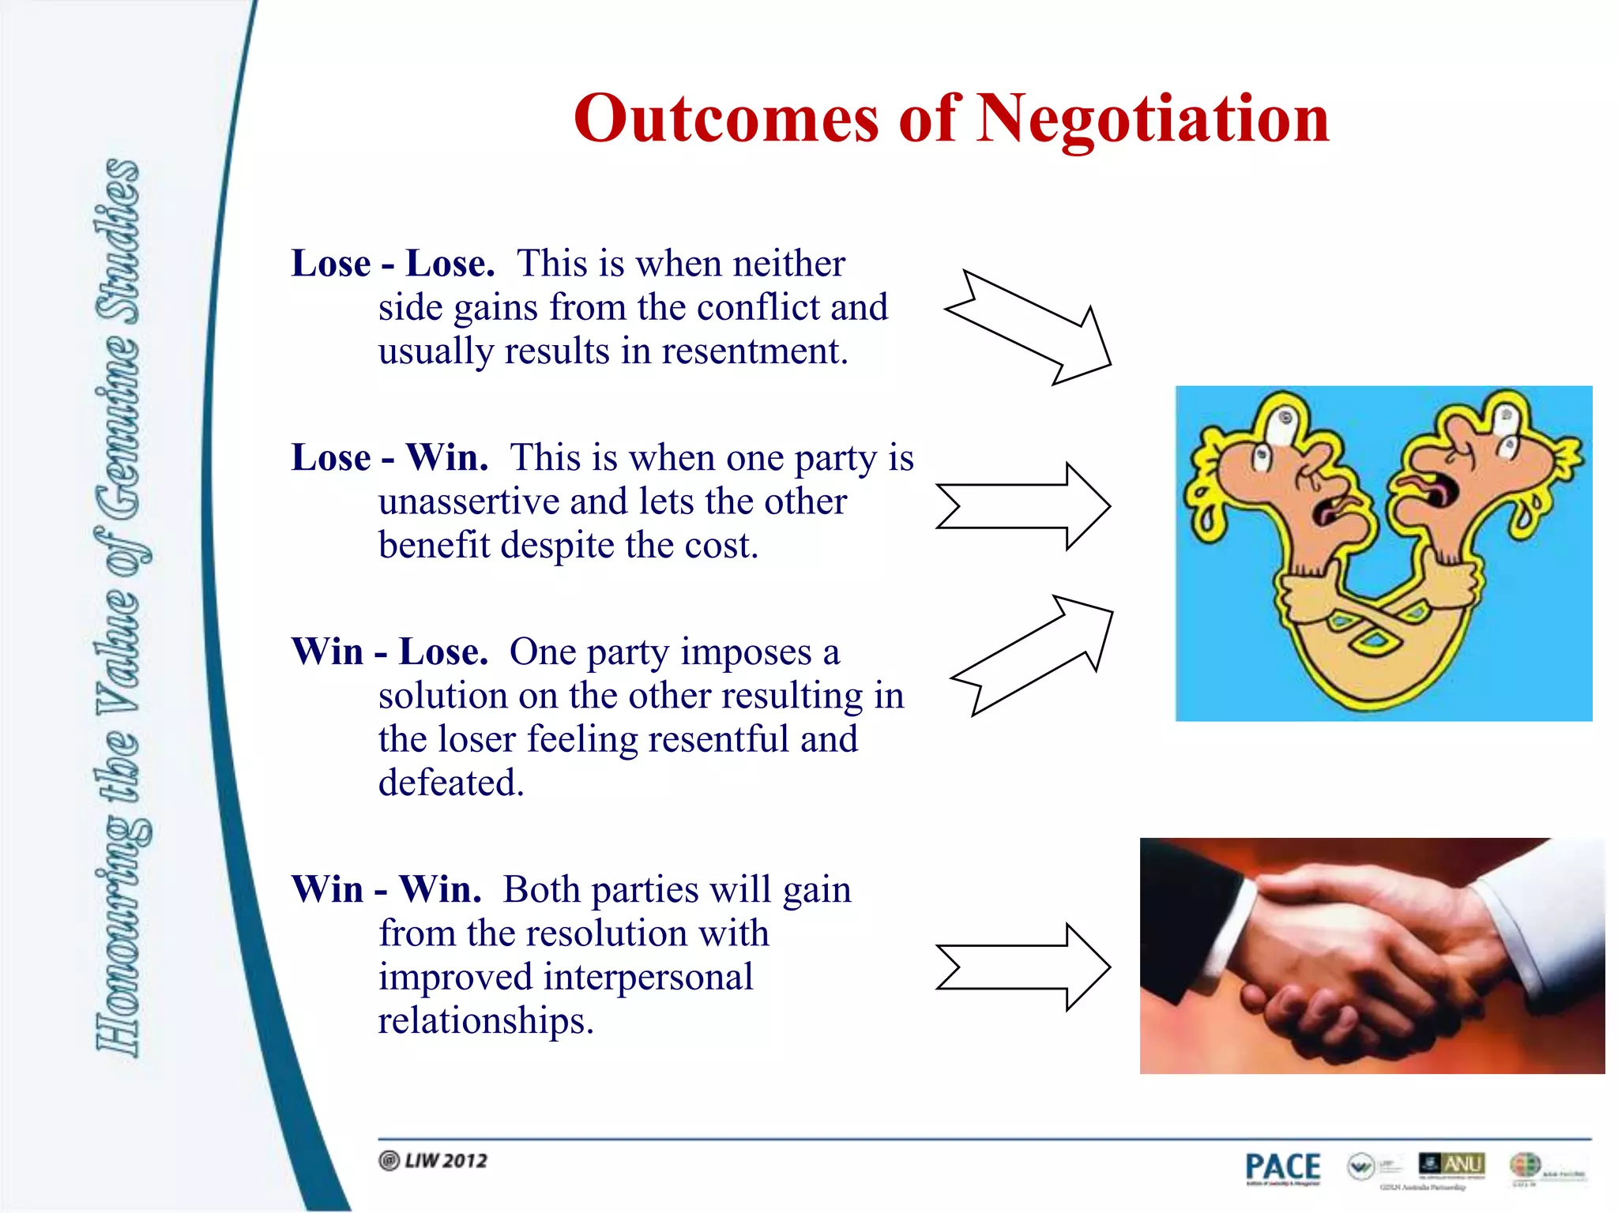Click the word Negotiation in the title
pos(1153,118)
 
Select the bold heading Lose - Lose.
pos(393,263)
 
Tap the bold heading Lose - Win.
pos(389,457)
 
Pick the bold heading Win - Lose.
pos(389,652)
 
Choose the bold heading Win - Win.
pos(386,889)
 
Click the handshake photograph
pos(1372,956)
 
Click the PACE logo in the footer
pos(1282,1167)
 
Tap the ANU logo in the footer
pos(1452,1164)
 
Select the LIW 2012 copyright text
pos(434,1161)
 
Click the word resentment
pos(754,351)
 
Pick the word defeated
pos(451,783)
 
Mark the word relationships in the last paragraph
pos(485,1020)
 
